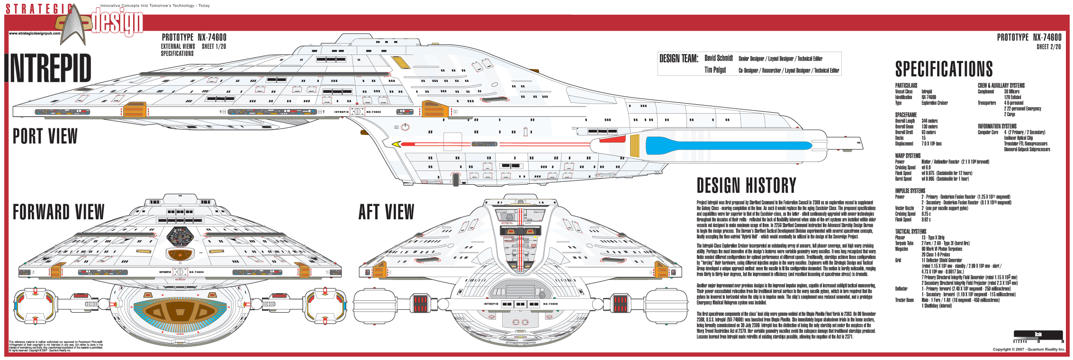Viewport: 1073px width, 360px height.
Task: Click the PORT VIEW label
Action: click(x=45, y=136)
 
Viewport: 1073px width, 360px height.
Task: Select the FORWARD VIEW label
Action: click(x=58, y=212)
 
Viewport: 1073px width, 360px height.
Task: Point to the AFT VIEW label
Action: click(x=386, y=212)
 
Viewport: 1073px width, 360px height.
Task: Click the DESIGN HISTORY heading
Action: click(x=746, y=185)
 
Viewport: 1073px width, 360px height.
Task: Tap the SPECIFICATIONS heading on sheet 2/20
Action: click(x=944, y=69)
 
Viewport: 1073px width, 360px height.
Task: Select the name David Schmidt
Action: click(x=718, y=58)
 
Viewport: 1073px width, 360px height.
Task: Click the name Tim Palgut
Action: click(x=715, y=70)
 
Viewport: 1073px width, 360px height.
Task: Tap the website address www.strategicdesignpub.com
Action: click(x=35, y=33)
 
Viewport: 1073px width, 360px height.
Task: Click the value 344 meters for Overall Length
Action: click(x=929, y=121)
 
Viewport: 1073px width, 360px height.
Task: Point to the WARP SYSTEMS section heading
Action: click(x=908, y=156)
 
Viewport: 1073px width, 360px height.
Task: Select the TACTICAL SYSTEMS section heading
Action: click(x=911, y=232)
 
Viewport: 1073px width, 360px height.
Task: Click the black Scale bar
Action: click(x=1038, y=334)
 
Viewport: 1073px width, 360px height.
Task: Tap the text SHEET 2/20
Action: click(x=1048, y=47)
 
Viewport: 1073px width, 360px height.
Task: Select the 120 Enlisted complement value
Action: click(x=1012, y=97)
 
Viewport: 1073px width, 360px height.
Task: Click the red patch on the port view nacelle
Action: click(x=613, y=139)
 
